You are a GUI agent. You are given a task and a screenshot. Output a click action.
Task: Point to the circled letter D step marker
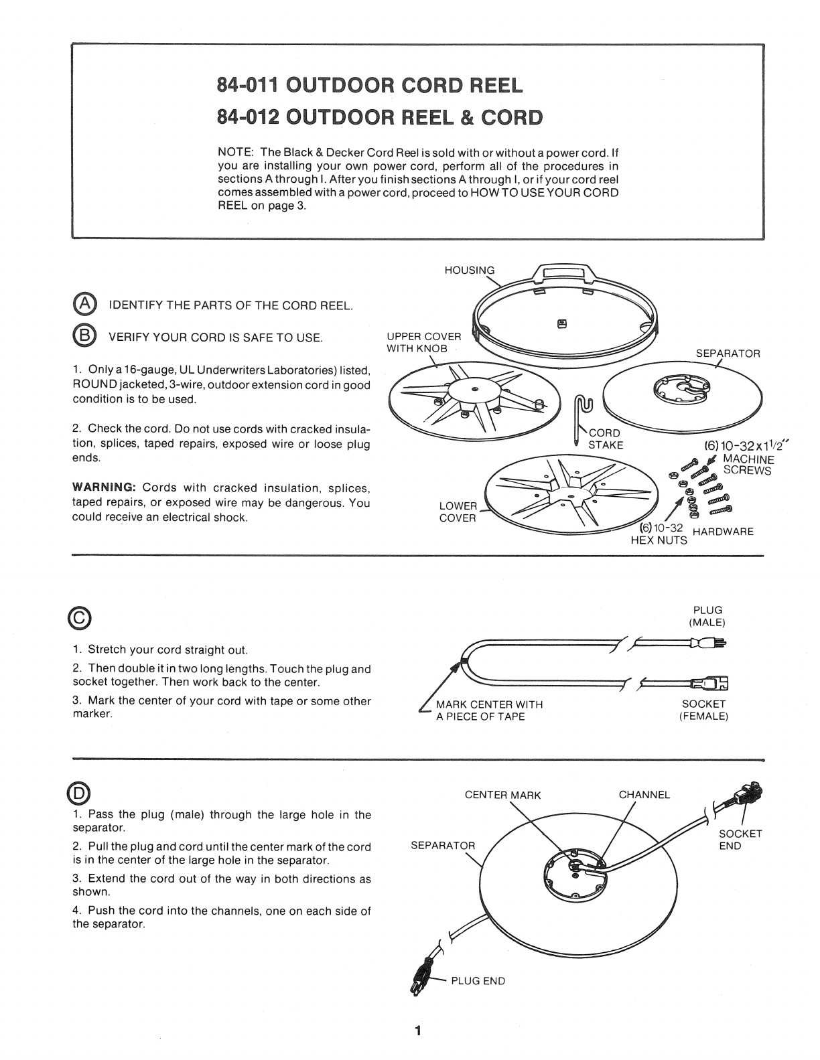(x=81, y=793)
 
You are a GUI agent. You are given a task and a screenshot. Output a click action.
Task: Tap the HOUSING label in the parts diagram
(x=469, y=271)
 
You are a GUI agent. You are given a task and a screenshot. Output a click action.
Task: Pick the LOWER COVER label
(x=458, y=512)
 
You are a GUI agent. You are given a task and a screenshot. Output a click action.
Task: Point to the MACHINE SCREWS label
(x=748, y=465)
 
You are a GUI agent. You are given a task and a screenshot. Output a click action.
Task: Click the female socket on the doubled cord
(x=712, y=683)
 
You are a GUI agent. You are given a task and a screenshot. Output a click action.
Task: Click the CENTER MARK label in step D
(x=502, y=796)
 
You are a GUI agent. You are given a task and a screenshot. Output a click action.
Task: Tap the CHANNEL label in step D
(x=644, y=795)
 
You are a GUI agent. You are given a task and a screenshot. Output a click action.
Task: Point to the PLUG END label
(x=478, y=981)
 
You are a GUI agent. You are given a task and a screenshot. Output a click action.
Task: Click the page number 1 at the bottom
(x=417, y=1031)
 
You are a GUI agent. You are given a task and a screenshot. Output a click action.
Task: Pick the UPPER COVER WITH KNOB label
(x=423, y=343)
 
